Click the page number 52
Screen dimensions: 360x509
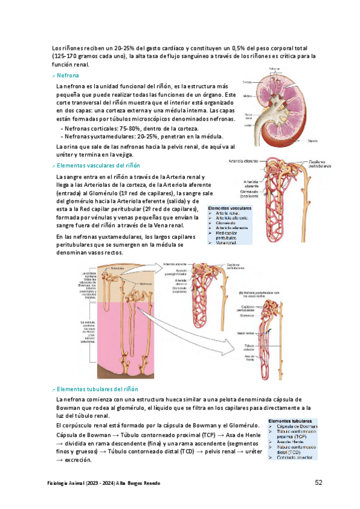319,483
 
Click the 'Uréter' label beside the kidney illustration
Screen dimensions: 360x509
248,125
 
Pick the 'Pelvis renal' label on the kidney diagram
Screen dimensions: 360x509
248,115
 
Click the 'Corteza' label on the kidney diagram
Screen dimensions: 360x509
248,82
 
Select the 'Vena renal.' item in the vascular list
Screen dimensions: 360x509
226,243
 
